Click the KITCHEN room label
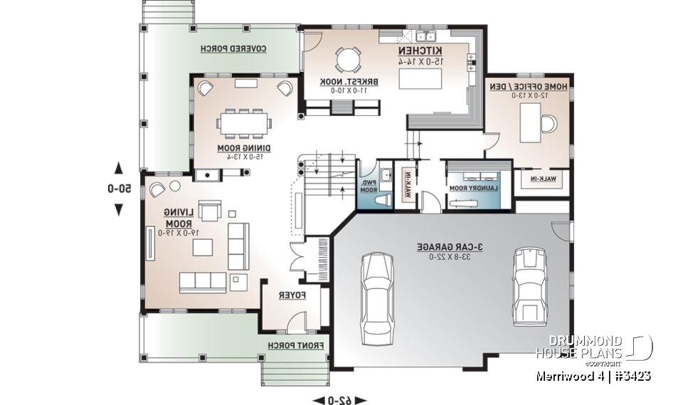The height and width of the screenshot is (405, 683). pos(420,52)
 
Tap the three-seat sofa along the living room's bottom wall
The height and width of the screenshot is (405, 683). pos(203,283)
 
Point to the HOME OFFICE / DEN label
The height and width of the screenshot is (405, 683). pos(528,86)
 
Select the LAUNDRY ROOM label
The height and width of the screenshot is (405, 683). pos(470,188)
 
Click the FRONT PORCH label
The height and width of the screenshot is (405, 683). pos(295,345)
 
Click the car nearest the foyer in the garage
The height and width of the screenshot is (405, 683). pos(377,294)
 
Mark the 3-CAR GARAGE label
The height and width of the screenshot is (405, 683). pos(450,246)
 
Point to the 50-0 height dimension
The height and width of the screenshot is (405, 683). pos(119,189)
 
